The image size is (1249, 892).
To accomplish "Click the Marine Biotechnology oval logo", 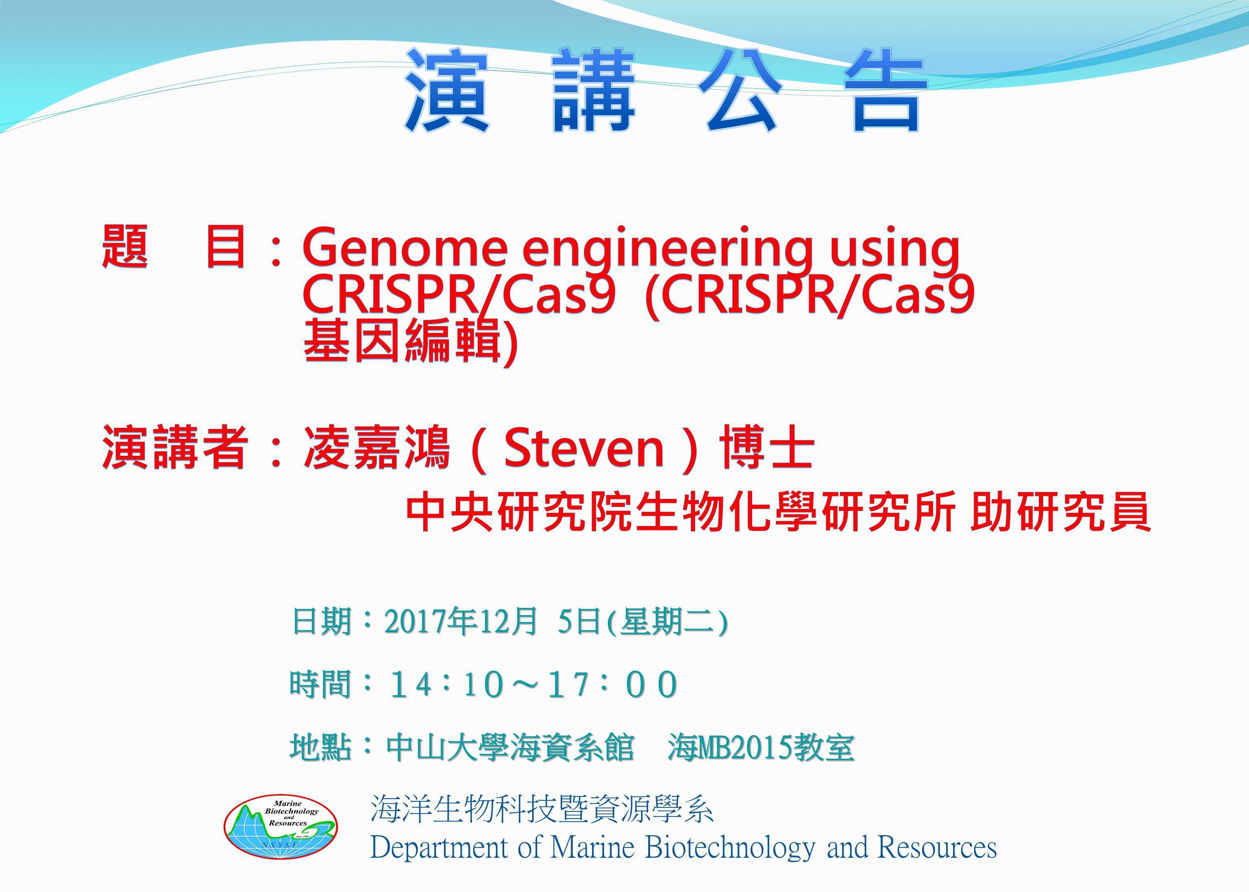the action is [281, 827].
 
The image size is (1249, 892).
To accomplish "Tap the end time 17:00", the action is [614, 685].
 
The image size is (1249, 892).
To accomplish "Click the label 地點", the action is [321, 748].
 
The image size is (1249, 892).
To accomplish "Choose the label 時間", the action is [320, 685].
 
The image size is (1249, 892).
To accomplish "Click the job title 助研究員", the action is [1061, 512].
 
